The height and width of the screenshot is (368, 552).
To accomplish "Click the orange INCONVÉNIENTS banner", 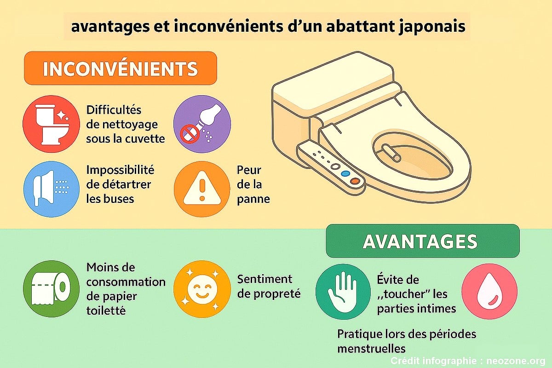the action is point(121,68).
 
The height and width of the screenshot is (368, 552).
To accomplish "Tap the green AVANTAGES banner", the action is point(423,241).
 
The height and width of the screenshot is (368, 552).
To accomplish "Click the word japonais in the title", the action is point(432,27).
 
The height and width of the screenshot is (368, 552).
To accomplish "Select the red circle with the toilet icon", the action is point(51,124).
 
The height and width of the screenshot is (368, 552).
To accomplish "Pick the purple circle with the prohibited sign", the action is point(202,124).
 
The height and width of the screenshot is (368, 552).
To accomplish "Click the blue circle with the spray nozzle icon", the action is point(51,189).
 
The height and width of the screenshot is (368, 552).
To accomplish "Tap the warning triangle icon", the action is point(202,188).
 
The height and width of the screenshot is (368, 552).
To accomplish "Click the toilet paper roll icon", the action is point(51,288).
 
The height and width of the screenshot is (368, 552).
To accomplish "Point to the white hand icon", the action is point(343,292).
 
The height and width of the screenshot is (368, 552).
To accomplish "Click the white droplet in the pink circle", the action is point(489,291).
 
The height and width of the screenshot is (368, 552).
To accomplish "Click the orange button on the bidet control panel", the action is point(355,181).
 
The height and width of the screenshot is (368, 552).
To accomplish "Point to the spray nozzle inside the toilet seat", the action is point(391,153).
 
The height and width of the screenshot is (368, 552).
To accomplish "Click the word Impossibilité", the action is point(120,170).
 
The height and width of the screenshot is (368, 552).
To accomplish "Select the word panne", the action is point(253,199).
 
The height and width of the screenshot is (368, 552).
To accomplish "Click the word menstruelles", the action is point(371,349).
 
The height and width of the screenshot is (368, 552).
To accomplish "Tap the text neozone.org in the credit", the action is point(516,361).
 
